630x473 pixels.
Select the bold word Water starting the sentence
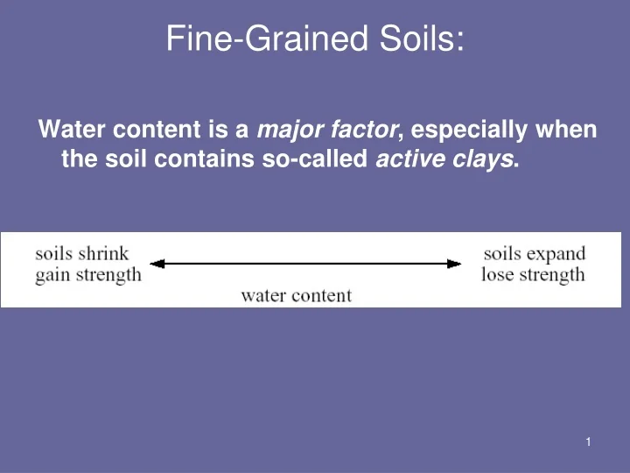[x=67, y=131]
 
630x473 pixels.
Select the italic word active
[x=410, y=160]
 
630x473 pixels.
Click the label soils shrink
[x=81, y=253]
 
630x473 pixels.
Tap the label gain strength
[x=87, y=275]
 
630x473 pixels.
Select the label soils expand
[x=534, y=253]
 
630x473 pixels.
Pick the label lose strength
[x=533, y=275]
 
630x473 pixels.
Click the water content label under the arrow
[x=296, y=295]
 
